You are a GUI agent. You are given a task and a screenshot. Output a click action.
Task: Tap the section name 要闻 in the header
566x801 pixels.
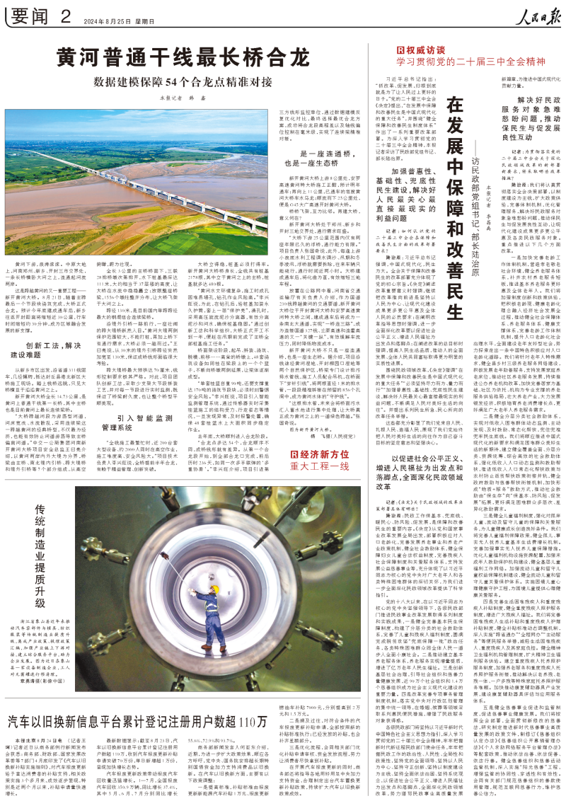click(x=33, y=15)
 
